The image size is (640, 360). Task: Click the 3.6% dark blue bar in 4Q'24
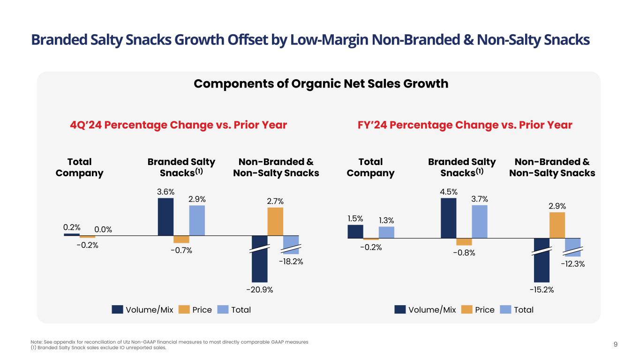166,217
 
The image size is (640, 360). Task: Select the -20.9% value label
259,290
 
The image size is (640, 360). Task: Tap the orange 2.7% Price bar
275,221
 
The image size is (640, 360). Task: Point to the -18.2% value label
291,262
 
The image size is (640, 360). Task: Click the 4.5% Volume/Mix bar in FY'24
449,218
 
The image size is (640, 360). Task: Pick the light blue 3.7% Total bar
480,222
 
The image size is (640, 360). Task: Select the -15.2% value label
542,290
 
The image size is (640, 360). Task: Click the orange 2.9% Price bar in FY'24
557,225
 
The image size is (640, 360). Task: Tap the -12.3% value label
573,264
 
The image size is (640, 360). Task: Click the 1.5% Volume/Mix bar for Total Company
355,232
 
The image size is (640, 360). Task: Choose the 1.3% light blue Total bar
386,232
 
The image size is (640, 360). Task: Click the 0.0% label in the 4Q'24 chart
103,230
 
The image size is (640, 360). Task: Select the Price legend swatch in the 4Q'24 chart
184,310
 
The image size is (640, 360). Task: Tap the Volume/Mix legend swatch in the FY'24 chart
400,310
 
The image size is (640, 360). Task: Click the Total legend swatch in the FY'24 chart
505,310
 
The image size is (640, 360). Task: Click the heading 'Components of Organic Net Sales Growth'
321,84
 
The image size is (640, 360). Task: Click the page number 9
616,345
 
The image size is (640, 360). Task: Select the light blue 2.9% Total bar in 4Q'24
197,220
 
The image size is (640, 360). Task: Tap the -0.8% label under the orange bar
464,253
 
